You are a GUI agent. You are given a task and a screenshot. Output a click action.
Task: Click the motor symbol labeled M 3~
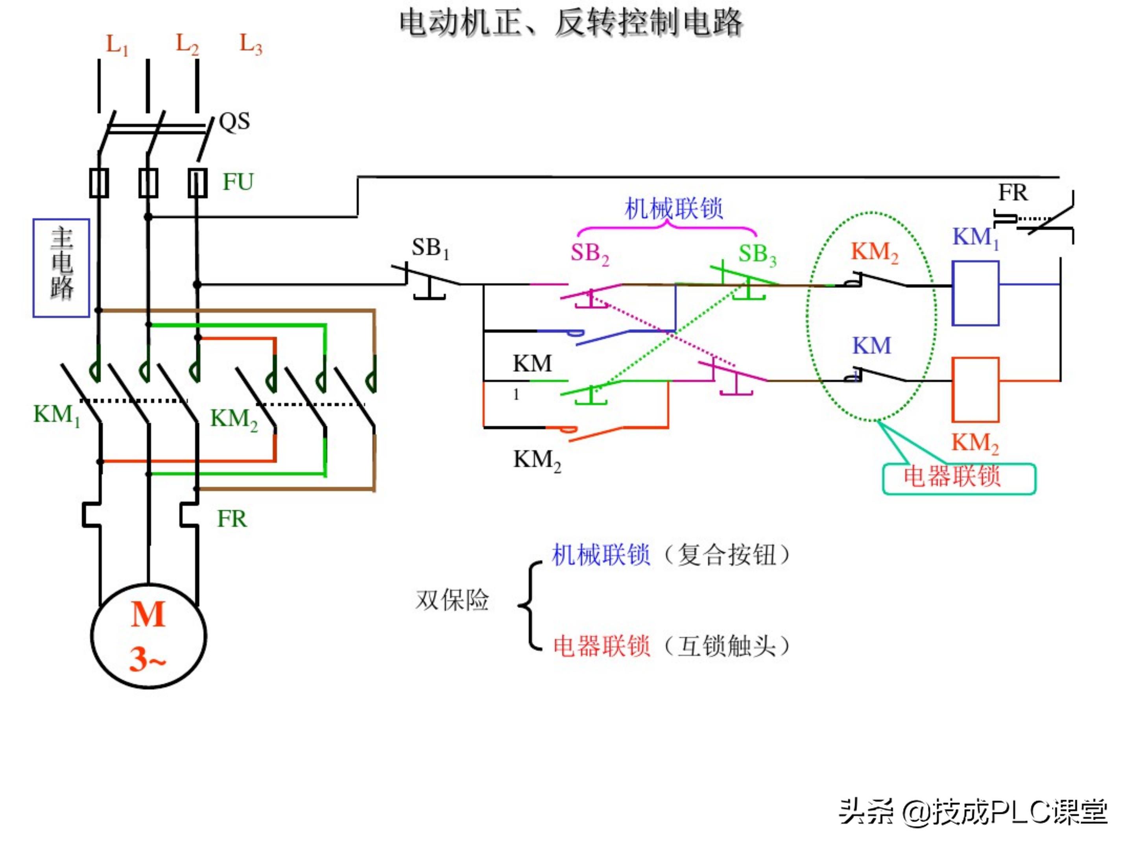[149, 635]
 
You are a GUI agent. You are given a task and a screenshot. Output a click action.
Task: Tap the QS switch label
[234, 122]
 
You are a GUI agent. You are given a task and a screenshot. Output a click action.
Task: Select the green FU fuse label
[238, 182]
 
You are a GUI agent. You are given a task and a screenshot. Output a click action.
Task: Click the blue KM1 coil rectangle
[975, 293]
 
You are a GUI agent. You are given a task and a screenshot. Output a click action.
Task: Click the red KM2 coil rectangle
[975, 390]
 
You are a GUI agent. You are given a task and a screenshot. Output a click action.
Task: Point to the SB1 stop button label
[430, 248]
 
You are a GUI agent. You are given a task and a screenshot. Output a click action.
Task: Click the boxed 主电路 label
[61, 268]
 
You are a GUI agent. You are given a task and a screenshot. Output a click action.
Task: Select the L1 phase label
[117, 45]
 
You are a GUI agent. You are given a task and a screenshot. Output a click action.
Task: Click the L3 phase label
[251, 45]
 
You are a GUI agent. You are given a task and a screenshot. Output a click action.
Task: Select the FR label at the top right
[1013, 193]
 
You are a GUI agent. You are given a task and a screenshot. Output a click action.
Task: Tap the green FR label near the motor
[231, 519]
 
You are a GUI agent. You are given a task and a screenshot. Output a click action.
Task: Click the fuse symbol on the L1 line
[99, 183]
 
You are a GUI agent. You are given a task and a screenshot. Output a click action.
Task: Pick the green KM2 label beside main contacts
[234, 419]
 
